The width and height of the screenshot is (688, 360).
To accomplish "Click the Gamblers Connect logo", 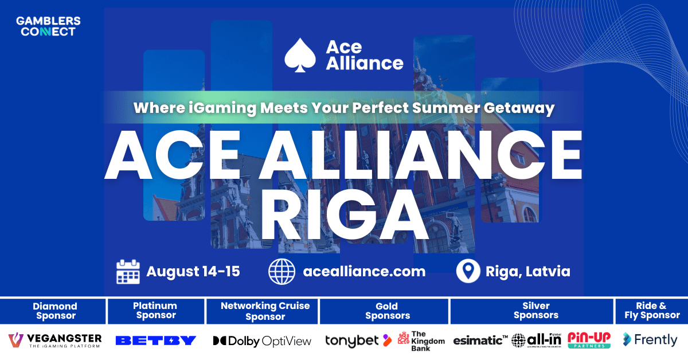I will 48,26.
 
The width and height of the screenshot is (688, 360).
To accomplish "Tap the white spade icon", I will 299,55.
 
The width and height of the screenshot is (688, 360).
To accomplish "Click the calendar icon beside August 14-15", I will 128,271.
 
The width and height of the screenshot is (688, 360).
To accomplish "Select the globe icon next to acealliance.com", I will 282,271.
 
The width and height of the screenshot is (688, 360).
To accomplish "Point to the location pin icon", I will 468,271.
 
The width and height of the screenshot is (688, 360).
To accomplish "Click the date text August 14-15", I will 193,271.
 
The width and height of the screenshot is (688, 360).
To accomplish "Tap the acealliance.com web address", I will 364,271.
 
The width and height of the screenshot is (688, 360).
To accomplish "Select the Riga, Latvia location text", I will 528,271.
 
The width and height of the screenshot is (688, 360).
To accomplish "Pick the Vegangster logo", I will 55,340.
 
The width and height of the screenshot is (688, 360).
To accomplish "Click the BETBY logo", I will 156,341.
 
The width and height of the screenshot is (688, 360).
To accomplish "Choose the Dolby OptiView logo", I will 262,341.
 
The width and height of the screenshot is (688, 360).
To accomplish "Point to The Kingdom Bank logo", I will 421,341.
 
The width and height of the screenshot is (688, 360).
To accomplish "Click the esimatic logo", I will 480,341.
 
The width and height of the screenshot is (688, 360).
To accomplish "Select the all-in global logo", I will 537,340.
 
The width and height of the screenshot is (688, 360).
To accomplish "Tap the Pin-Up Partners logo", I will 589,340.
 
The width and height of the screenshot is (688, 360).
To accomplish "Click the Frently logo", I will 650,340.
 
